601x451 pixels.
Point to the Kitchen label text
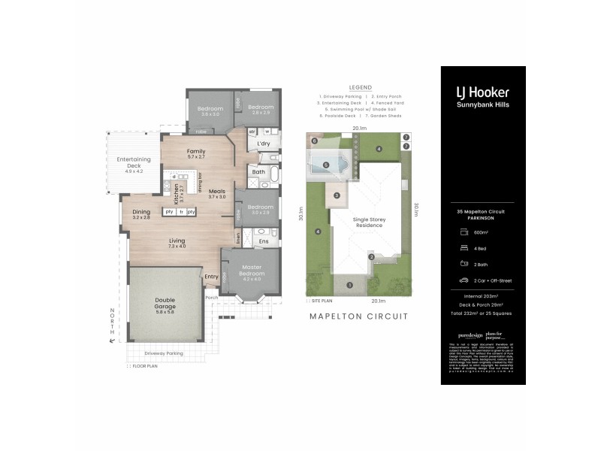[x=177, y=194]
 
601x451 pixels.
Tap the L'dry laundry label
[x=263, y=144]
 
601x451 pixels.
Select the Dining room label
[x=142, y=213]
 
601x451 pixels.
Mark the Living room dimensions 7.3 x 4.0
[x=177, y=246]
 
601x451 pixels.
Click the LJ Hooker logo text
[x=482, y=92]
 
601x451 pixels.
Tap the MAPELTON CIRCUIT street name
[x=359, y=316]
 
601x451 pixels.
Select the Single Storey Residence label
[x=368, y=222]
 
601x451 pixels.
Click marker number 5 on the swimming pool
[x=325, y=165]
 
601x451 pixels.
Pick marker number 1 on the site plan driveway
[x=349, y=284]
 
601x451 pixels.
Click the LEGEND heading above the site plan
[x=360, y=87]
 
